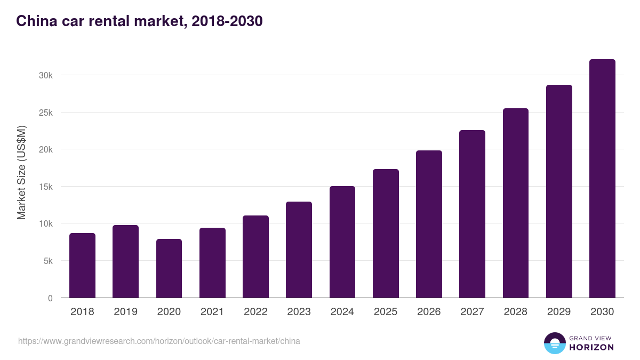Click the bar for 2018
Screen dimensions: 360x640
(x=82, y=266)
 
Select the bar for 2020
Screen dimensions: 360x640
(x=169, y=268)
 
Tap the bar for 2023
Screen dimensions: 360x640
(x=299, y=250)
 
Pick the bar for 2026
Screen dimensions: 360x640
(x=429, y=224)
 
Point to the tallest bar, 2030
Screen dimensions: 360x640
(x=602, y=179)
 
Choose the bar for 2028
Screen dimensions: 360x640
(x=516, y=203)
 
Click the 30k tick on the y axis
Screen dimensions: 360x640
(x=46, y=76)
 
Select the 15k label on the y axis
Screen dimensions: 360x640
(x=46, y=187)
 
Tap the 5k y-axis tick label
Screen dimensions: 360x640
(x=48, y=261)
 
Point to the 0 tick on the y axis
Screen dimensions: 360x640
(x=50, y=299)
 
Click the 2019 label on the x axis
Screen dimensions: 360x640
(x=125, y=312)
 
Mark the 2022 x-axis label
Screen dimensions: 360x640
(x=255, y=312)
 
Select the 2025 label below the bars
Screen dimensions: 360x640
(x=386, y=312)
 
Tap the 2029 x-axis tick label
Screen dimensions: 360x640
(x=559, y=312)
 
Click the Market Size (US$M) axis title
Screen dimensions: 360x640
(x=21, y=172)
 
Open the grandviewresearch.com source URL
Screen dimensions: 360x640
(x=159, y=341)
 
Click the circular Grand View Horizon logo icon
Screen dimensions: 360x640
(x=555, y=343)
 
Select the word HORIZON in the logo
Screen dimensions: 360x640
(x=591, y=347)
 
